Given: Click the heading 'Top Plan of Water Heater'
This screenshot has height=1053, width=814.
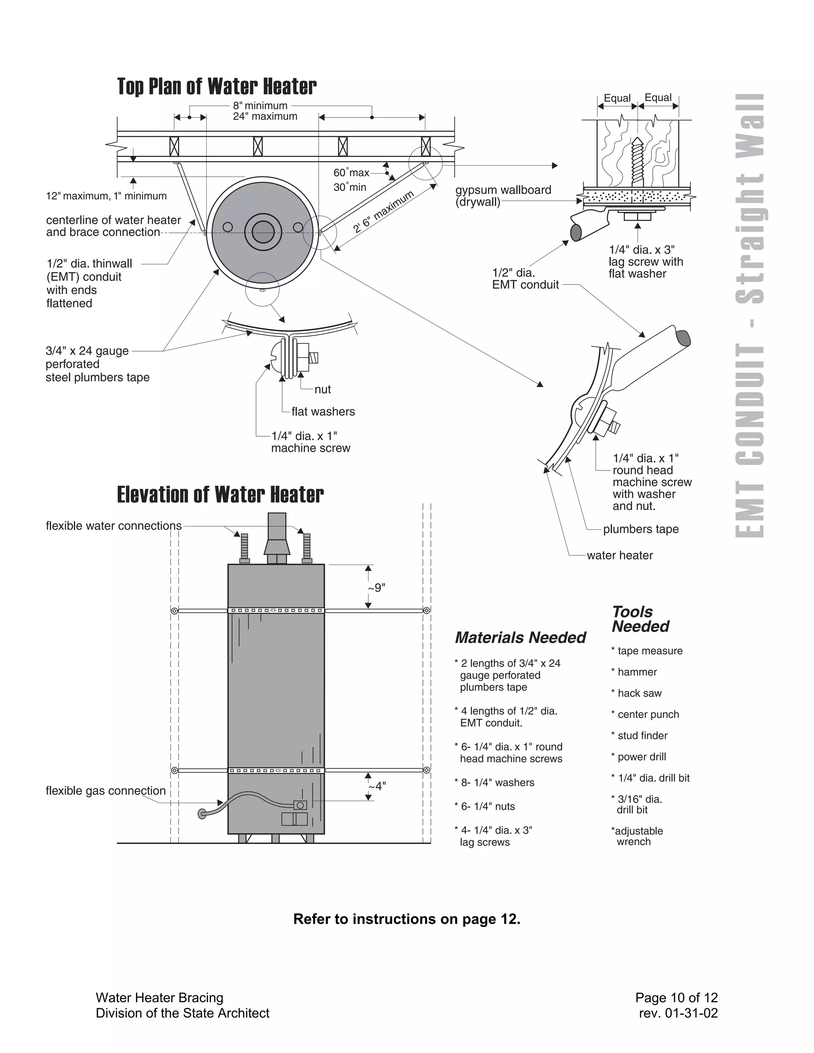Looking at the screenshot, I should [217, 87].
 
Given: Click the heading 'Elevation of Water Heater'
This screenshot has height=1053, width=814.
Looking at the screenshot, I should [220, 495].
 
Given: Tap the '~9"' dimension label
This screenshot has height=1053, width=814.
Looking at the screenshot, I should [377, 588].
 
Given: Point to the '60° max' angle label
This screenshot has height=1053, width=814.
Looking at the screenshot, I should [351, 172].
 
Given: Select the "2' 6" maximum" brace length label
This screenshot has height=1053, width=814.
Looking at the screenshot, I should [384, 212].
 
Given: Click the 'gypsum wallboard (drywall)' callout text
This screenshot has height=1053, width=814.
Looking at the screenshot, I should [502, 196].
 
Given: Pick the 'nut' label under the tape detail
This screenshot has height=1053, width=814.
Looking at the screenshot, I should [323, 389].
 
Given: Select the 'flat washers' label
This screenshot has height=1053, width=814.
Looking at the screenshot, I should [323, 411].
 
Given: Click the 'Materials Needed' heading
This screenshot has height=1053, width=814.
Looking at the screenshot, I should [520, 637].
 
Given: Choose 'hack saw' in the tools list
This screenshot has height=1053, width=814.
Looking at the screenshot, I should [639, 693].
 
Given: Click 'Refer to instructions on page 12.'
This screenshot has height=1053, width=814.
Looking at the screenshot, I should [407, 918].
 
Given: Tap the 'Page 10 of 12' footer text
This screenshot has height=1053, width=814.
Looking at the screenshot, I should [676, 997].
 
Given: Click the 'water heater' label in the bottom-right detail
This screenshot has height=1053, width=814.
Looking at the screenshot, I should [619, 555].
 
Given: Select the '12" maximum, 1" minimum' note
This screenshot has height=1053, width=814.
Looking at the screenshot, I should [106, 196].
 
